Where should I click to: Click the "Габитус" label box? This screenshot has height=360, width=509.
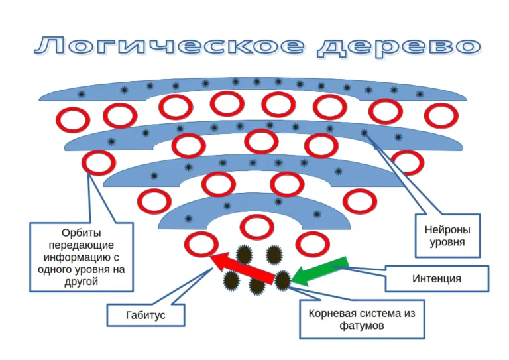click(145, 316)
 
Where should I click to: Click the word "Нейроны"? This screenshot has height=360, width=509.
click(447, 230)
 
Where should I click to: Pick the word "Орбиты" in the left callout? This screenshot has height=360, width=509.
click(82, 233)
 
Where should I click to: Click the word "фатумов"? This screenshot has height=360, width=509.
click(361, 326)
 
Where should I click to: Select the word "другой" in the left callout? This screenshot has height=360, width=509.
click(82, 282)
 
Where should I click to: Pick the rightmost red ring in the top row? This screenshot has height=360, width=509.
click(441, 115)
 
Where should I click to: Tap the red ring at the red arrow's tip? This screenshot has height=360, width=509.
click(200, 244)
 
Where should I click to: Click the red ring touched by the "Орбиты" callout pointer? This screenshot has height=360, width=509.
click(98, 162)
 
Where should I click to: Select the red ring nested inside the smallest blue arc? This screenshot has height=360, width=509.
click(257, 227)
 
